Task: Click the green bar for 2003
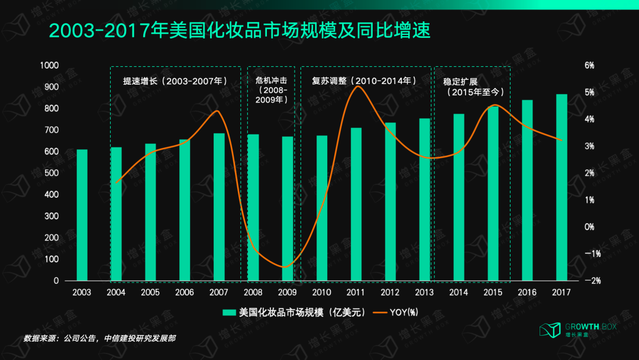tap(82, 215)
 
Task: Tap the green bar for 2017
tap(561, 187)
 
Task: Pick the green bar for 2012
tap(390, 201)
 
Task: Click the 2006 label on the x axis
tap(185, 292)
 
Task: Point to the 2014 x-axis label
tap(459, 292)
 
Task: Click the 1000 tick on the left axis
tap(49, 65)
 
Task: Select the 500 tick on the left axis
tap(52, 173)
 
